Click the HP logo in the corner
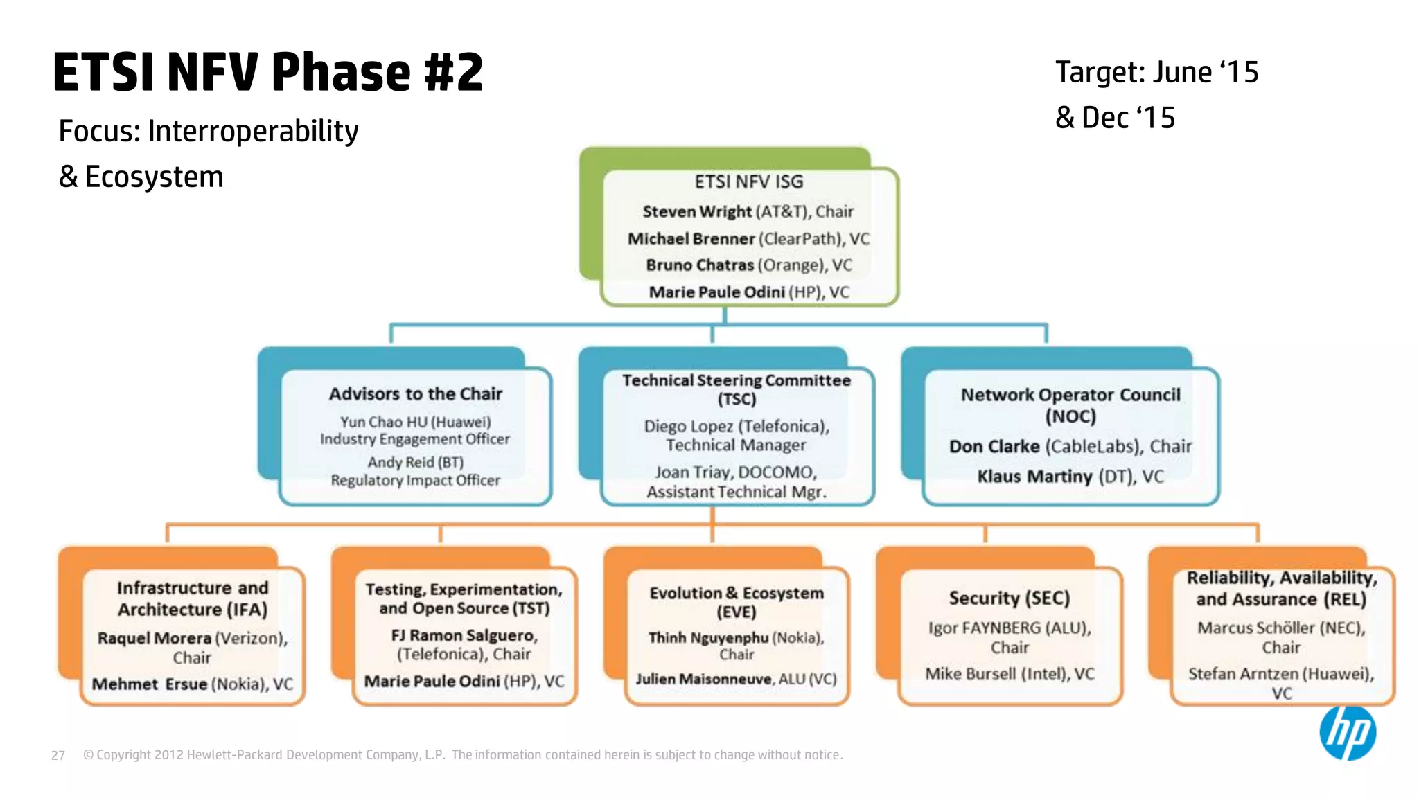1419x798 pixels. (x=1347, y=733)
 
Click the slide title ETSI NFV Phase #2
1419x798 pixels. (x=267, y=72)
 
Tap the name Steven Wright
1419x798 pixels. (x=696, y=211)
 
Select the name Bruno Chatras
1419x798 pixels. (x=699, y=265)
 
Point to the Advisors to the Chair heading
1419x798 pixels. (x=415, y=393)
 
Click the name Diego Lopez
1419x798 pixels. (x=688, y=426)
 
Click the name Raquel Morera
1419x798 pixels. (x=154, y=638)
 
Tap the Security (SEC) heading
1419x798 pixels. (x=1009, y=598)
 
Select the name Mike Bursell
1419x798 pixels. (x=970, y=674)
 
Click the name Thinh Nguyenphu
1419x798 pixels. (x=708, y=637)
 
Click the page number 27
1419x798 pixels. (x=58, y=755)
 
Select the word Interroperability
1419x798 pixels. (x=253, y=131)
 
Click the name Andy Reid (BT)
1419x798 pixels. (x=415, y=462)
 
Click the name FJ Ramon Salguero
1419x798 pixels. (x=464, y=635)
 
